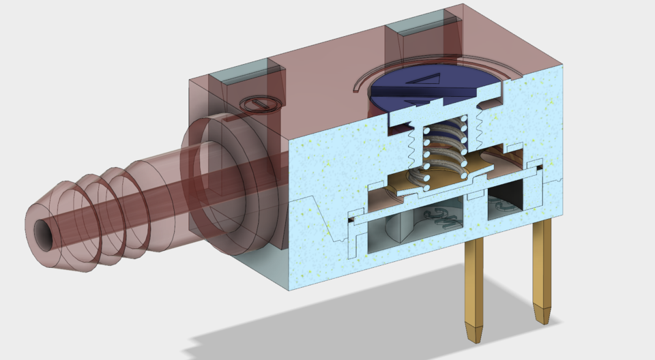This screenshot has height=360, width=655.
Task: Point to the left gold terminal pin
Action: click(476, 286)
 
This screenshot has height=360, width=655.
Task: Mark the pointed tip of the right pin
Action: click(544, 318)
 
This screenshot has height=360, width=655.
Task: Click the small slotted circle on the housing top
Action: click(260, 104)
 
